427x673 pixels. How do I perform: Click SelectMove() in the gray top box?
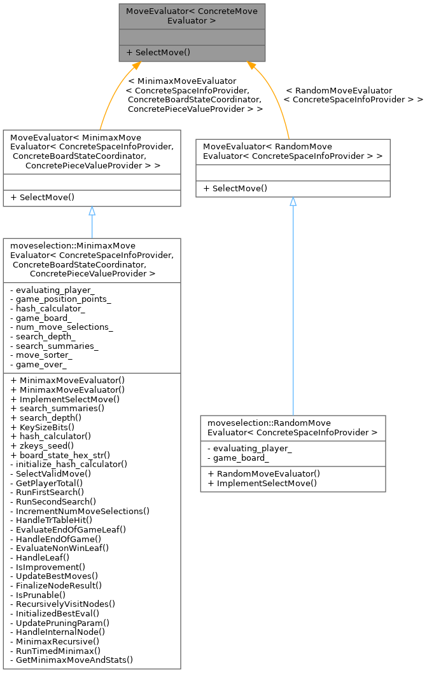(159, 52)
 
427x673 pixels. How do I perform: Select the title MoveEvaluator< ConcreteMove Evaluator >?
(192, 16)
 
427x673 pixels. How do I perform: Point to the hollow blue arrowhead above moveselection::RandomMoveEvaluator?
(293, 201)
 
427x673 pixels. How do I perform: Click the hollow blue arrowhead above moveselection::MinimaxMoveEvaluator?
(92, 211)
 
